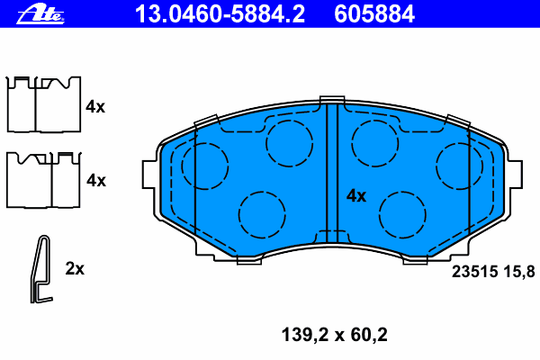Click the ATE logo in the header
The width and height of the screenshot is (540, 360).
pos(40,14)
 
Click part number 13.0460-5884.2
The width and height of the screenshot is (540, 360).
pos(220,14)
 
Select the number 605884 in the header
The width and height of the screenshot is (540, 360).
pos(374,14)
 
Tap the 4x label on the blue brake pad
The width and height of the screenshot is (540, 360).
pos(356,195)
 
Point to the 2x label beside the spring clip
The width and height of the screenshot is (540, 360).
pos(75,268)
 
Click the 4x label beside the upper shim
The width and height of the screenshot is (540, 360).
pos(95,107)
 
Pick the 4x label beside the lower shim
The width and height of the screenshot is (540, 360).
pos(96,180)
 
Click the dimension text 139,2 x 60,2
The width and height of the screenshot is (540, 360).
pos(335,335)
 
